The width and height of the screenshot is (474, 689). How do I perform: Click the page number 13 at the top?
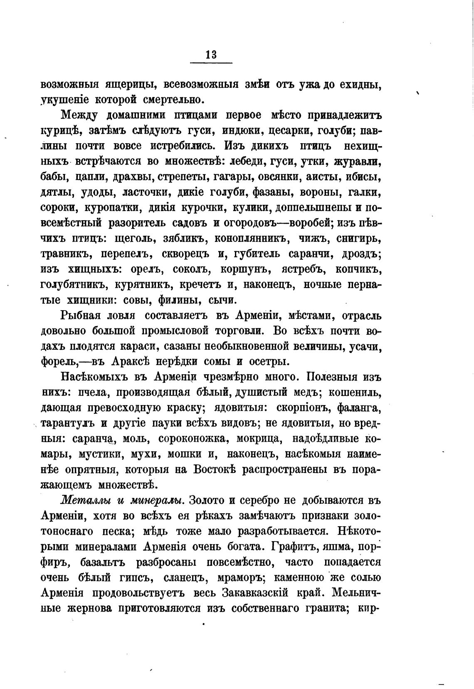click(211, 55)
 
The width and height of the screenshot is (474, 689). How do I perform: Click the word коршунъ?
click(241, 269)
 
